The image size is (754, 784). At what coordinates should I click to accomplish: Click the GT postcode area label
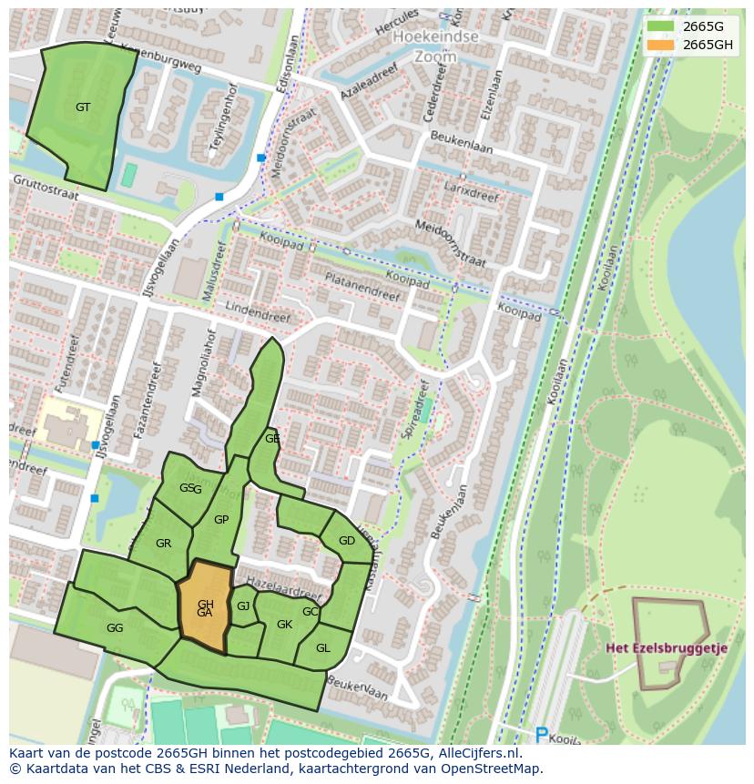[83, 107]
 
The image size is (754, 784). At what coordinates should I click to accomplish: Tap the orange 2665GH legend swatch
[662, 45]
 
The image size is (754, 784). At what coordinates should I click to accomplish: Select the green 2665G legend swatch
[662, 26]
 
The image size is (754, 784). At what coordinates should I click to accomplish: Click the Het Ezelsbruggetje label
[667, 648]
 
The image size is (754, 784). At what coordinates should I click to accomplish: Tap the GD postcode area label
[347, 541]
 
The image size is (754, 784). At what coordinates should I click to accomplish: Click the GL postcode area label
[322, 648]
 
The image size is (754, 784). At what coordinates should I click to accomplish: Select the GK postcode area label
[284, 625]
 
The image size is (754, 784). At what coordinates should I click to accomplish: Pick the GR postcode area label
[163, 544]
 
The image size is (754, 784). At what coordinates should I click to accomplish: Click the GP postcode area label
[220, 520]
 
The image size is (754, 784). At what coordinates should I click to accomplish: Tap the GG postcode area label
[115, 628]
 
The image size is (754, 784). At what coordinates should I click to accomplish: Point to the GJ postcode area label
[243, 606]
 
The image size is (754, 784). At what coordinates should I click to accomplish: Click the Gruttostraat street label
[46, 188]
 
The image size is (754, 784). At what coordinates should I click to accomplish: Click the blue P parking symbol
[541, 734]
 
